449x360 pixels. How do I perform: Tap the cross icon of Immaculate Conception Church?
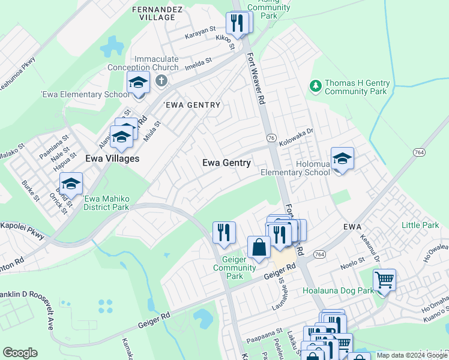click(160, 80)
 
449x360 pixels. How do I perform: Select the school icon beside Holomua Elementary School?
click(342, 159)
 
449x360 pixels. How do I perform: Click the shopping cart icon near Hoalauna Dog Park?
click(384, 280)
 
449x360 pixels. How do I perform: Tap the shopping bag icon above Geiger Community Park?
click(259, 248)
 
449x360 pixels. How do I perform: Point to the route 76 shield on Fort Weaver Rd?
click(272, 138)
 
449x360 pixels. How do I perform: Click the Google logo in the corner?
click(20, 353)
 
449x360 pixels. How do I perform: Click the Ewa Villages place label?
click(112, 159)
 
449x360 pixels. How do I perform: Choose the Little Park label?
click(420, 226)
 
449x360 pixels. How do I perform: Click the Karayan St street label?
click(200, 29)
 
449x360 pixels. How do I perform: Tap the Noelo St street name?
click(352, 262)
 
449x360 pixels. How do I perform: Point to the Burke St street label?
click(30, 190)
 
